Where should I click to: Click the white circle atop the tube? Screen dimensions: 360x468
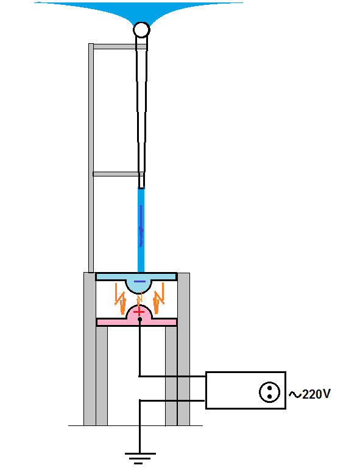click(141, 30)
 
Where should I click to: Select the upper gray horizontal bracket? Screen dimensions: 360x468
click(120, 47)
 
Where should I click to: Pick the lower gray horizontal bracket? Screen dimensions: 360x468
click(116, 174)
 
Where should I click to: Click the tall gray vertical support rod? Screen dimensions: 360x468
click(91, 158)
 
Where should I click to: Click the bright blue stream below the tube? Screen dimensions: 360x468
click(141, 230)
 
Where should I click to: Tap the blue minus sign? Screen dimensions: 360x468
click(139, 281)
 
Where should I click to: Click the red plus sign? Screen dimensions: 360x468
click(139, 312)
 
